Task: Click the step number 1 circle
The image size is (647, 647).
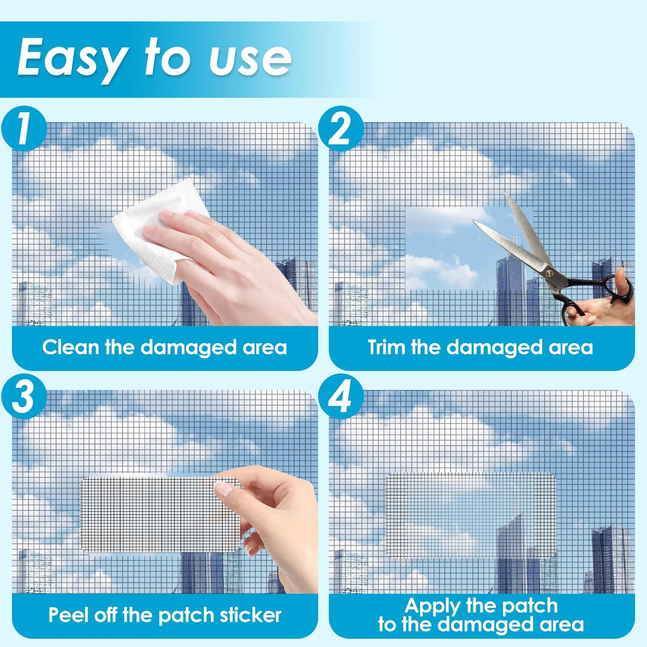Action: pyautogui.click(x=24, y=128)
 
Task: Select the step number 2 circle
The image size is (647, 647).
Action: pyautogui.click(x=341, y=128)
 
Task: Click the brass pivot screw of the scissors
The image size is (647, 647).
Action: pyautogui.click(x=549, y=273)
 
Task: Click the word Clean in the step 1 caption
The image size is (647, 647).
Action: pyautogui.click(x=71, y=347)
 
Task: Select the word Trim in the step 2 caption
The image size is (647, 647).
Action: pyautogui.click(x=386, y=347)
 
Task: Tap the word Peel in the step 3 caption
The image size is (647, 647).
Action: pyautogui.click(x=69, y=615)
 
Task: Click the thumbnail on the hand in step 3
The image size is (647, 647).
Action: pyautogui.click(x=224, y=489)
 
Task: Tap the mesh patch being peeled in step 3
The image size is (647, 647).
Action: pyautogui.click(x=161, y=515)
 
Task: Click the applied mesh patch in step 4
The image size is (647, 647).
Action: pyautogui.click(x=471, y=516)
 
